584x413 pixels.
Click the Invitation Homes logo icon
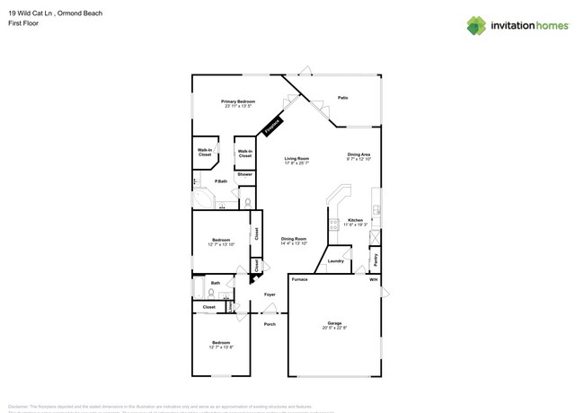(476, 25)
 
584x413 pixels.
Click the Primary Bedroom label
(240, 101)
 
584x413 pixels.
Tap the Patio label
(343, 97)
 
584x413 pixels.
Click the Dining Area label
(359, 154)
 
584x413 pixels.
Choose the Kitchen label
(356, 219)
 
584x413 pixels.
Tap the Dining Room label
(294, 238)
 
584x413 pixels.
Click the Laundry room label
(336, 261)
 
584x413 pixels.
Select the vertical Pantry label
(375, 259)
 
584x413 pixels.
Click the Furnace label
(300, 279)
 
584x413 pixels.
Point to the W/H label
(374, 279)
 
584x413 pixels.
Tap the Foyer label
(270, 294)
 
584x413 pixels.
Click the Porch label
(270, 324)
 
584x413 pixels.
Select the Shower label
(245, 174)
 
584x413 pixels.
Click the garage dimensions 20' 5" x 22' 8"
(334, 329)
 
